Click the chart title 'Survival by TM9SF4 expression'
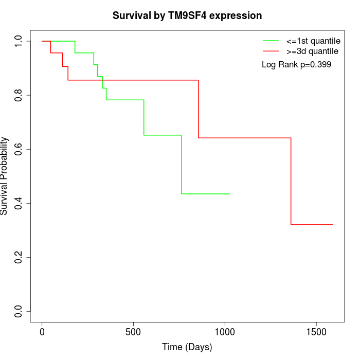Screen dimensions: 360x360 click(187, 16)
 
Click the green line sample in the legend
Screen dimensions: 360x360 click(271, 41)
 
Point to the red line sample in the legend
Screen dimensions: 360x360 click(271, 51)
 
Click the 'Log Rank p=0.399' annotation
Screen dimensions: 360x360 click(296, 65)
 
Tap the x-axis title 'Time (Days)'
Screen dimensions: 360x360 click(187, 347)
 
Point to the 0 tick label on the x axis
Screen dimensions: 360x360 click(42, 332)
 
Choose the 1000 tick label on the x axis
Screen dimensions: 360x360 click(225, 332)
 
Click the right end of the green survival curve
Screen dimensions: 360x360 click(229, 194)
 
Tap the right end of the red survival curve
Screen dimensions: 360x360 click(333, 225)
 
